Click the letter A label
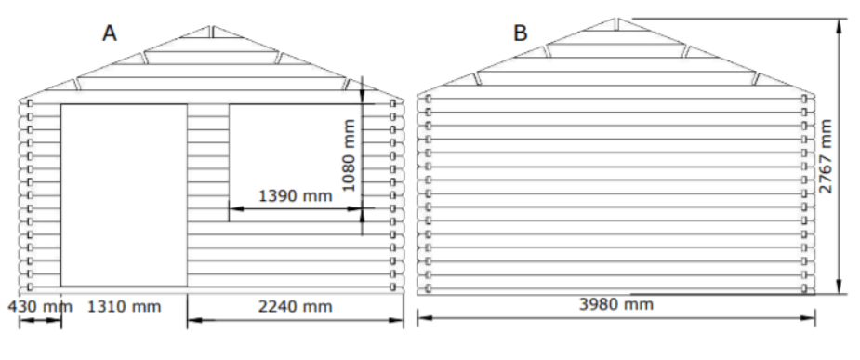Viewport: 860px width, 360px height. (x=110, y=33)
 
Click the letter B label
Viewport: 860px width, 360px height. (x=520, y=33)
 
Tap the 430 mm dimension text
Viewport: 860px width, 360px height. (x=39, y=306)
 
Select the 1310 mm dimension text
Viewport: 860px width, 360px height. (x=125, y=306)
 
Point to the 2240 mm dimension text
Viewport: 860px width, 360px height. (x=295, y=306)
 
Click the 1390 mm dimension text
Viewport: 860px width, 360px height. (x=295, y=196)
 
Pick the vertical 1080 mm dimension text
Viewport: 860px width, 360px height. (x=349, y=155)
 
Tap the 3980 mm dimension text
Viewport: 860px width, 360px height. (x=615, y=304)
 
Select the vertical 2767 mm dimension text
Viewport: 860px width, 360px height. (x=825, y=156)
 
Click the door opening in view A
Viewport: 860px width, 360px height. (x=124, y=194)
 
